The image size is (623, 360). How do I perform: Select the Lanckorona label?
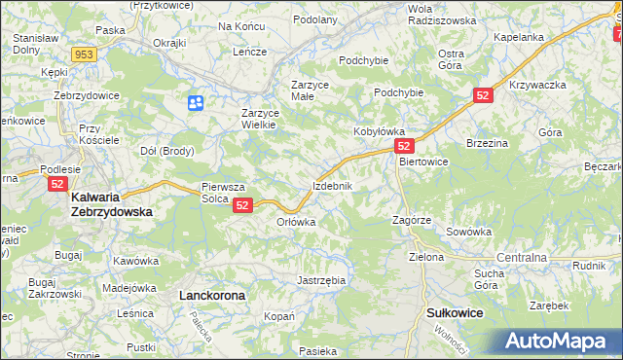pos(211,293)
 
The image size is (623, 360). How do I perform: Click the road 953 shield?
pos(83,54)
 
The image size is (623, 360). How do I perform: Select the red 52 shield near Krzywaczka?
pos(485,95)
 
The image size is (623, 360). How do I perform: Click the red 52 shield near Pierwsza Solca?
pos(243,205)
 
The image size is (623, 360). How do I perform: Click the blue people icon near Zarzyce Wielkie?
pos(196,102)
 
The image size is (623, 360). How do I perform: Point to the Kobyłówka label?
pos(379,130)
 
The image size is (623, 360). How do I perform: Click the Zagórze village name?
pos(412,220)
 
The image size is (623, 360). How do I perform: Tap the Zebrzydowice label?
pos(87,95)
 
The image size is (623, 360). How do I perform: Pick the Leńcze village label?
pos(249,51)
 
